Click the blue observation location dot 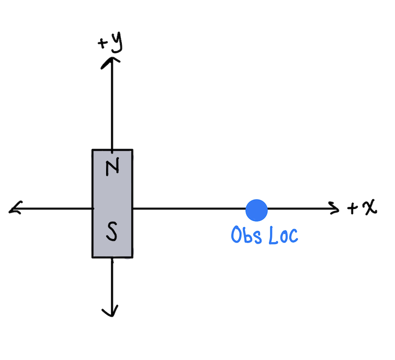pos(256,210)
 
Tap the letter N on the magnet pos(113,168)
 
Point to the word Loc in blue pos(283,235)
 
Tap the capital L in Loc pos(273,235)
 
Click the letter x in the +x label pos(368,208)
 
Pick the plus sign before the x pos(353,209)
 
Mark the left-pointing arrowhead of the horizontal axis pos(13,209)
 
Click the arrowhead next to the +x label pos(335,209)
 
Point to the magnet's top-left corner pos(92,150)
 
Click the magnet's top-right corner pos(132,150)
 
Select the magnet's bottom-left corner pos(92,257)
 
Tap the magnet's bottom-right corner pos(132,257)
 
